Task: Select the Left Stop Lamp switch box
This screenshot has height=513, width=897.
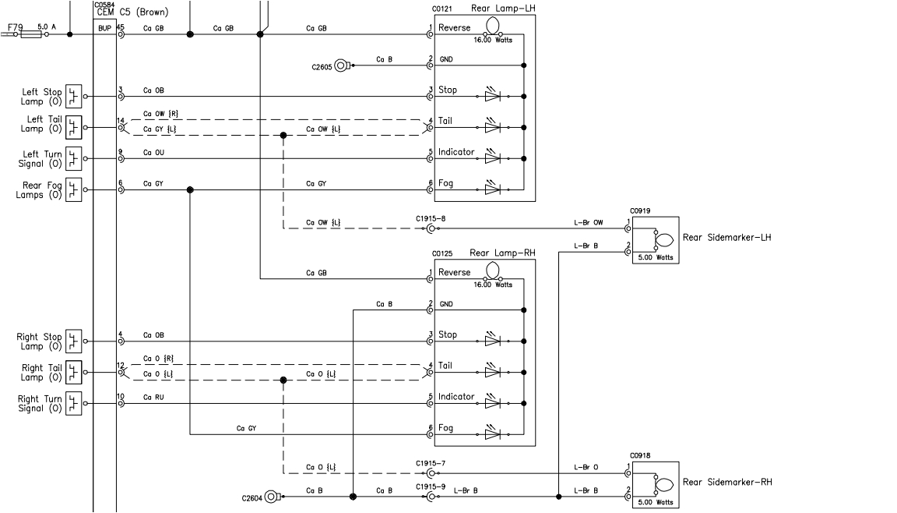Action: point(74,97)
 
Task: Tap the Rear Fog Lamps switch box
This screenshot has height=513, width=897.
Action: point(74,189)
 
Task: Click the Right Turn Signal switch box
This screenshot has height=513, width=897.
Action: point(74,403)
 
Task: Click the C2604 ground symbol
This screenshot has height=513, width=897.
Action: point(272,496)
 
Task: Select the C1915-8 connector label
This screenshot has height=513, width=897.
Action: point(430,220)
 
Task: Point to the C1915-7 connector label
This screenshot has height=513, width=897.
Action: point(430,464)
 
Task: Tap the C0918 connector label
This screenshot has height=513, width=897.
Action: point(640,455)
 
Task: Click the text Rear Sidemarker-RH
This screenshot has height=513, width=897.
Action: point(726,482)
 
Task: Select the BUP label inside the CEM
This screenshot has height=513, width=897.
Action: point(104,28)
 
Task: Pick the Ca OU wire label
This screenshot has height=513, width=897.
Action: point(153,152)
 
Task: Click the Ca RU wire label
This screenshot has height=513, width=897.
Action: point(153,397)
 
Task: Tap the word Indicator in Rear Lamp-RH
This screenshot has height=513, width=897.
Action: point(456,397)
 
